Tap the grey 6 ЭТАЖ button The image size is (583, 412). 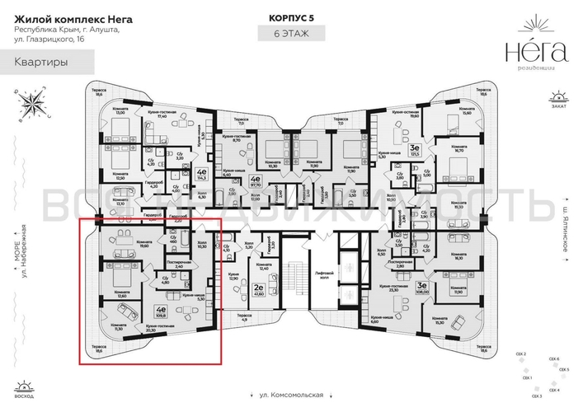point(291,34)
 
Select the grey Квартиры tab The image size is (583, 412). point(37,62)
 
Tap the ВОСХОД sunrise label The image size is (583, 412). point(26,394)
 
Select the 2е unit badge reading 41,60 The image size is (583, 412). point(259,289)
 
